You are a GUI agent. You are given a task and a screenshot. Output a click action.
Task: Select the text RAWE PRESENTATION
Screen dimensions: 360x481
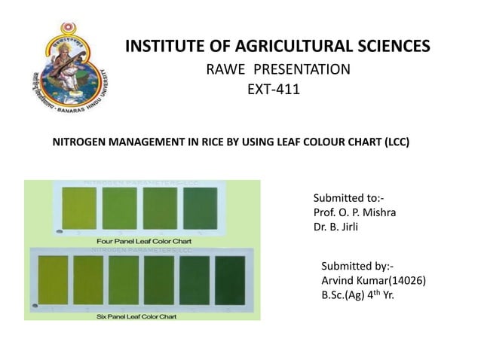[278, 70]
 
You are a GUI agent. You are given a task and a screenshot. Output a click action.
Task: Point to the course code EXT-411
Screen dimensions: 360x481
[273, 90]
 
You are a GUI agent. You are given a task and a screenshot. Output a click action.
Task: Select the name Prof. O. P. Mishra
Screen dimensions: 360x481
[354, 212]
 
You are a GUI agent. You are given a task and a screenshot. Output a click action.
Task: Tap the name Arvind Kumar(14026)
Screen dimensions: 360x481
[373, 281]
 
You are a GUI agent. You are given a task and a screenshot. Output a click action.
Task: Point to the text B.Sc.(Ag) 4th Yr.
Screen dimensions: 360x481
[357, 295]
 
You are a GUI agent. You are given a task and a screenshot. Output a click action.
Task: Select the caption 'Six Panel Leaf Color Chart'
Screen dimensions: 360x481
[137, 316]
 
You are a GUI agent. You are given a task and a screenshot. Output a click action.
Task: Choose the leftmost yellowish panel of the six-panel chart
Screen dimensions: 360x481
[51, 281]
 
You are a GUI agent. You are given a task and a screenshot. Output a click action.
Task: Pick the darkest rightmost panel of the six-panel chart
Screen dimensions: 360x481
[230, 281]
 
